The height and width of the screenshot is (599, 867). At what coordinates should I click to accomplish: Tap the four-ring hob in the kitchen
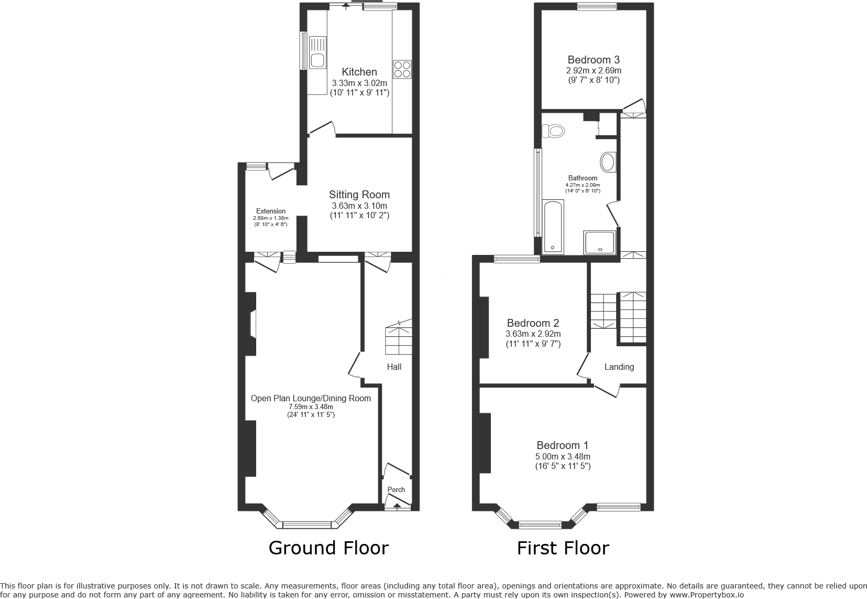402,69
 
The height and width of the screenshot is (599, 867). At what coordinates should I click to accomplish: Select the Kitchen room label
359,72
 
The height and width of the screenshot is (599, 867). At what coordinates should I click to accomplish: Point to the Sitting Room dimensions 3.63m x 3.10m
359,206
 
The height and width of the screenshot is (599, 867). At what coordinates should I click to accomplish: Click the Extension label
271,211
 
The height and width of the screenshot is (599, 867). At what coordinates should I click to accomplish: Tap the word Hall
394,367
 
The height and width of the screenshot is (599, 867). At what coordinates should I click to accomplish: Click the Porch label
396,489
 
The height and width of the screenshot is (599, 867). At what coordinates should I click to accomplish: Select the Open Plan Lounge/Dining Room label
311,398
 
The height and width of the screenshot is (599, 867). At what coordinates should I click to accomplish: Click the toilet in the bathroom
553,130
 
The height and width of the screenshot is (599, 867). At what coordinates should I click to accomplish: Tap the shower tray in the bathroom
600,242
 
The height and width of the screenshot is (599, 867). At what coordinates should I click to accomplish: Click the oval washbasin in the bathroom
608,162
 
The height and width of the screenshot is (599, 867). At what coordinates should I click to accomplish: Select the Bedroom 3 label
594,60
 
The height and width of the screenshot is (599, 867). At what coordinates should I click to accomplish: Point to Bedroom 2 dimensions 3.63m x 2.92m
533,334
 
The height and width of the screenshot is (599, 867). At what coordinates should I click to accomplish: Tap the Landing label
619,367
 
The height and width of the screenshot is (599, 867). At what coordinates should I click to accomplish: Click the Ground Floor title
328,548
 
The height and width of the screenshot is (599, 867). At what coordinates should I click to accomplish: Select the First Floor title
563,548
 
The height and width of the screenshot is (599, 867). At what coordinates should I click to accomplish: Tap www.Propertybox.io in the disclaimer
706,595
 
